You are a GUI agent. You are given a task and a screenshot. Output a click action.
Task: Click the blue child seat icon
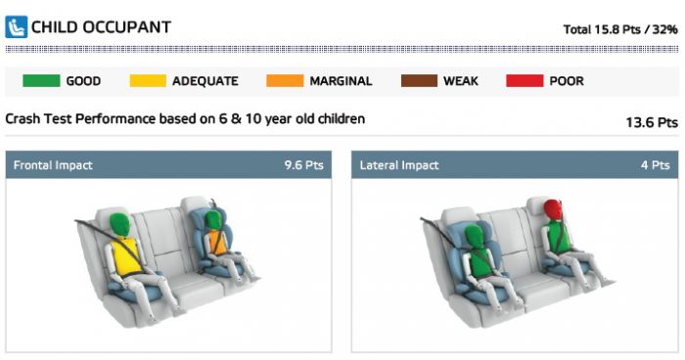click(17, 27)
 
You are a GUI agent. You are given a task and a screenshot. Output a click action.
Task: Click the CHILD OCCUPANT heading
click(101, 27)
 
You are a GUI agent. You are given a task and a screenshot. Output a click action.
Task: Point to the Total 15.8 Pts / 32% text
click(620, 29)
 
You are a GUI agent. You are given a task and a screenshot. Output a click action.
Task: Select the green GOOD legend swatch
click(41, 81)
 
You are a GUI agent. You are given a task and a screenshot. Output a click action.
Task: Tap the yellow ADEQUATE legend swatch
click(148, 81)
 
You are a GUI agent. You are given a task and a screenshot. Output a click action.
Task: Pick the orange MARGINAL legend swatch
click(285, 81)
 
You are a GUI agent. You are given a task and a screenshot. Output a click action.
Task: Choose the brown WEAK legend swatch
click(419, 81)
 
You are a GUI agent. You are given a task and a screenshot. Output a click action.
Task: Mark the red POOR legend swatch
click(525, 81)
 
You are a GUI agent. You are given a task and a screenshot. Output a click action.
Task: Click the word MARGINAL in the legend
click(341, 81)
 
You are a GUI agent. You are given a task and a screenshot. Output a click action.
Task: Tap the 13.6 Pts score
click(652, 122)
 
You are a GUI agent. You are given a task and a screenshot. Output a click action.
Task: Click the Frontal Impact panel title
click(53, 165)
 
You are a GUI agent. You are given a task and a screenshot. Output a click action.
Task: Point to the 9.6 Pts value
click(304, 165)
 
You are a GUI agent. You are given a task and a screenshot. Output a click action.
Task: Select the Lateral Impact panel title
click(399, 165)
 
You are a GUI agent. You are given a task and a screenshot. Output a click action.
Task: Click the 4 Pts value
click(656, 165)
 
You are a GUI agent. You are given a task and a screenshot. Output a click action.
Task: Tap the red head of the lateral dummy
click(554, 210)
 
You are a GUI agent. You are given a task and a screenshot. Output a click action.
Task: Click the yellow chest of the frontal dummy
click(125, 256)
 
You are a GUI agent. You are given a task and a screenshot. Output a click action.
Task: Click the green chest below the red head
click(558, 237)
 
